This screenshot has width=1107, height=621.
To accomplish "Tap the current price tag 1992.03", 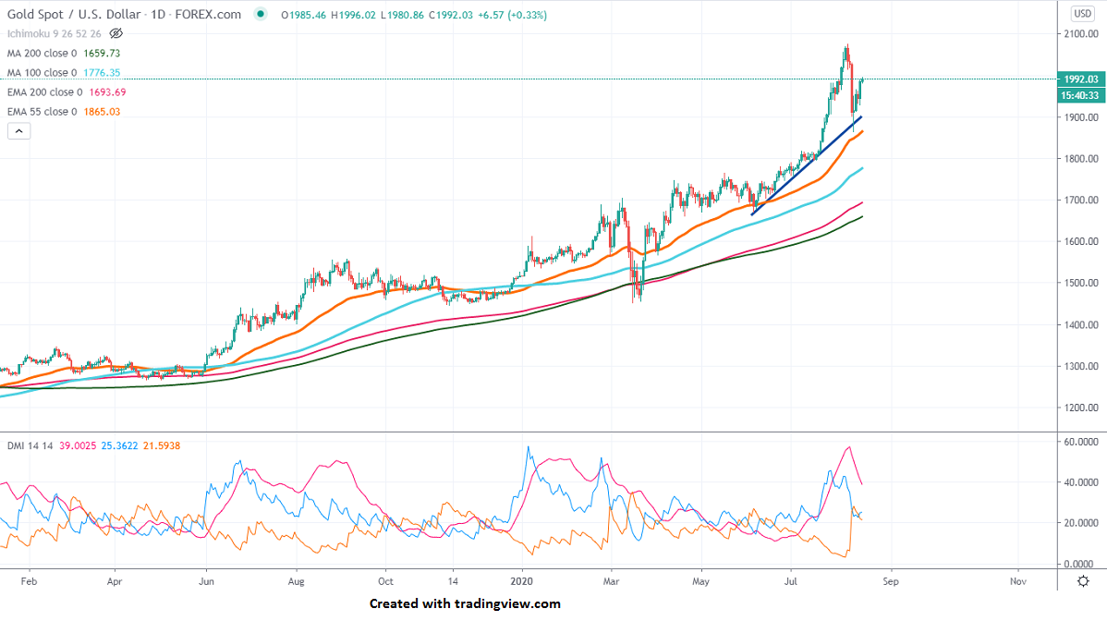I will click(x=1079, y=79).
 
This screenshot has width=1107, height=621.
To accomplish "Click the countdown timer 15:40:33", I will click(x=1079, y=95).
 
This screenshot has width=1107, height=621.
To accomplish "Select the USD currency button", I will click(x=1082, y=13).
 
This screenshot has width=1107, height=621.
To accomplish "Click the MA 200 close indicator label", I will click(x=43, y=54).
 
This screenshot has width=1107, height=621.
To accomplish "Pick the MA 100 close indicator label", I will click(x=43, y=72).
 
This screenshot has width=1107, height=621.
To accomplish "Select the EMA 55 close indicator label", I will click(x=43, y=112).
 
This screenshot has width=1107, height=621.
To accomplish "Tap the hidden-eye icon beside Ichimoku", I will click(x=116, y=33).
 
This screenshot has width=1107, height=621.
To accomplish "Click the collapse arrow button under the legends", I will click(x=18, y=131).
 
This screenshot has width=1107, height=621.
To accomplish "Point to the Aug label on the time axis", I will click(x=296, y=582).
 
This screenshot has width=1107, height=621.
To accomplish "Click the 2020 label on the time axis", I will click(x=523, y=582).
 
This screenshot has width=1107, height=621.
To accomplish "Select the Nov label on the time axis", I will click(x=1017, y=582).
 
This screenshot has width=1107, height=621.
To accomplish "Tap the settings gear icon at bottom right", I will click(x=1082, y=581).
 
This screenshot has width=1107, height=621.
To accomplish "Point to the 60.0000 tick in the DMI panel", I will click(x=1078, y=442).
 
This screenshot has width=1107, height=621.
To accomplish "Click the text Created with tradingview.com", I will click(x=465, y=603).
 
